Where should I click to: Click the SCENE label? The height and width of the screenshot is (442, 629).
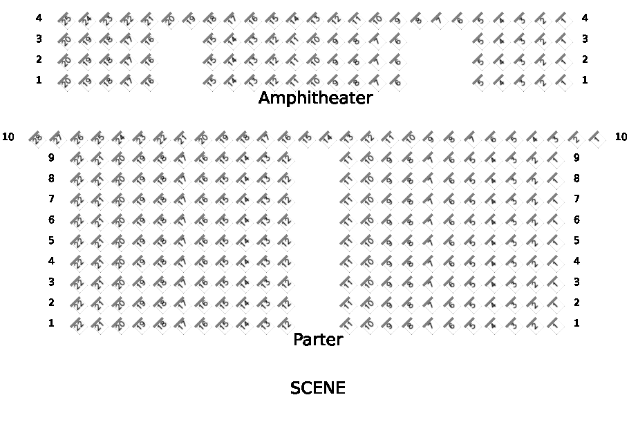click(317, 388)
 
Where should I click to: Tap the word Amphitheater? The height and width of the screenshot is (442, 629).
click(315, 98)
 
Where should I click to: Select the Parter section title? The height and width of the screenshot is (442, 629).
click(317, 339)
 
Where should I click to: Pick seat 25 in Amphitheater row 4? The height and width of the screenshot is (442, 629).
click(66, 19)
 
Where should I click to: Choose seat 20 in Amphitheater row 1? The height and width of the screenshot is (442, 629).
click(66, 81)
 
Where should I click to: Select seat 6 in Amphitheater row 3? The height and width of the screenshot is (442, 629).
click(397, 40)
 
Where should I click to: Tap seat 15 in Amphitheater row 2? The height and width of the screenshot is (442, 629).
click(211, 61)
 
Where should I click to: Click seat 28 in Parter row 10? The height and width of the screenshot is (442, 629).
click(37, 137)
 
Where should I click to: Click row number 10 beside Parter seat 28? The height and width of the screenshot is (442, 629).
click(8, 137)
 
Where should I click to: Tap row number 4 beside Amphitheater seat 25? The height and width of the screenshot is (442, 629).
click(39, 18)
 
